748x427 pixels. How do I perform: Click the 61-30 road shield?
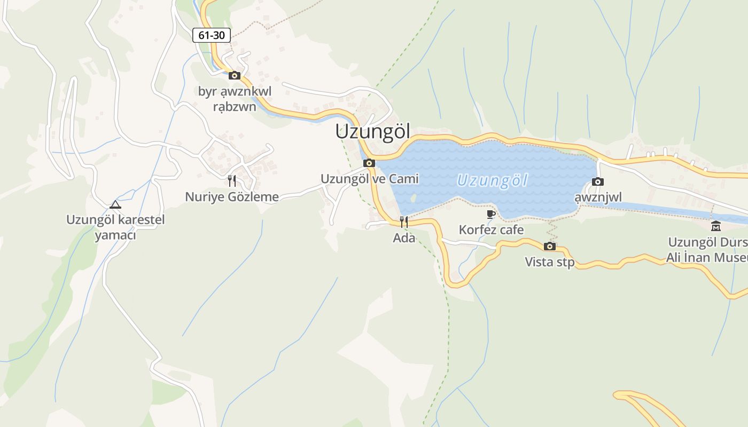pyautogui.click(x=212, y=36)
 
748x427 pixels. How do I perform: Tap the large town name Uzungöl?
pyautogui.click(x=372, y=132)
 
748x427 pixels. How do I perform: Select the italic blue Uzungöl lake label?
pyautogui.click(x=492, y=180)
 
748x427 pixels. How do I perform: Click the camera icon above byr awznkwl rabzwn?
pyautogui.click(x=234, y=75)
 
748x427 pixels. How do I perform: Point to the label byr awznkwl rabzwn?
pyautogui.click(x=235, y=99)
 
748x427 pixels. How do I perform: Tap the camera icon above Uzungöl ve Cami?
pyautogui.click(x=369, y=163)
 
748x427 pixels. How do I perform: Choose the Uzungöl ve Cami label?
pyautogui.click(x=369, y=179)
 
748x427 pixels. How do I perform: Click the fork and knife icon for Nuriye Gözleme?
pyautogui.click(x=232, y=181)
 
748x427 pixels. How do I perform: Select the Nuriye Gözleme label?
pyautogui.click(x=232, y=197)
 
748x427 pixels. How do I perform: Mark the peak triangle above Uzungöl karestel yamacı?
pyautogui.click(x=115, y=204)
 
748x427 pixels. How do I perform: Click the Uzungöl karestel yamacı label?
pyautogui.click(x=115, y=227)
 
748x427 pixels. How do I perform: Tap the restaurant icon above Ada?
pyautogui.click(x=404, y=222)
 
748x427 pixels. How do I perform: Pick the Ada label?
pyautogui.click(x=404, y=238)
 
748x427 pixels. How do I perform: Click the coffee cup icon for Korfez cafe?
pyautogui.click(x=491, y=215)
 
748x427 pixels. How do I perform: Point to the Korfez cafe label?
pyautogui.click(x=491, y=231)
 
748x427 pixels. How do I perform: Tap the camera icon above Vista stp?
pyautogui.click(x=549, y=246)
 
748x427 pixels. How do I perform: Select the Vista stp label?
pyautogui.click(x=549, y=262)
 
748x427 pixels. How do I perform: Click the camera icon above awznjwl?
pyautogui.click(x=598, y=181)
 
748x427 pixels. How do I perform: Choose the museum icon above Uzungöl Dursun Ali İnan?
pyautogui.click(x=715, y=226)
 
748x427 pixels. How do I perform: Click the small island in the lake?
pyautogui.click(x=413, y=197)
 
